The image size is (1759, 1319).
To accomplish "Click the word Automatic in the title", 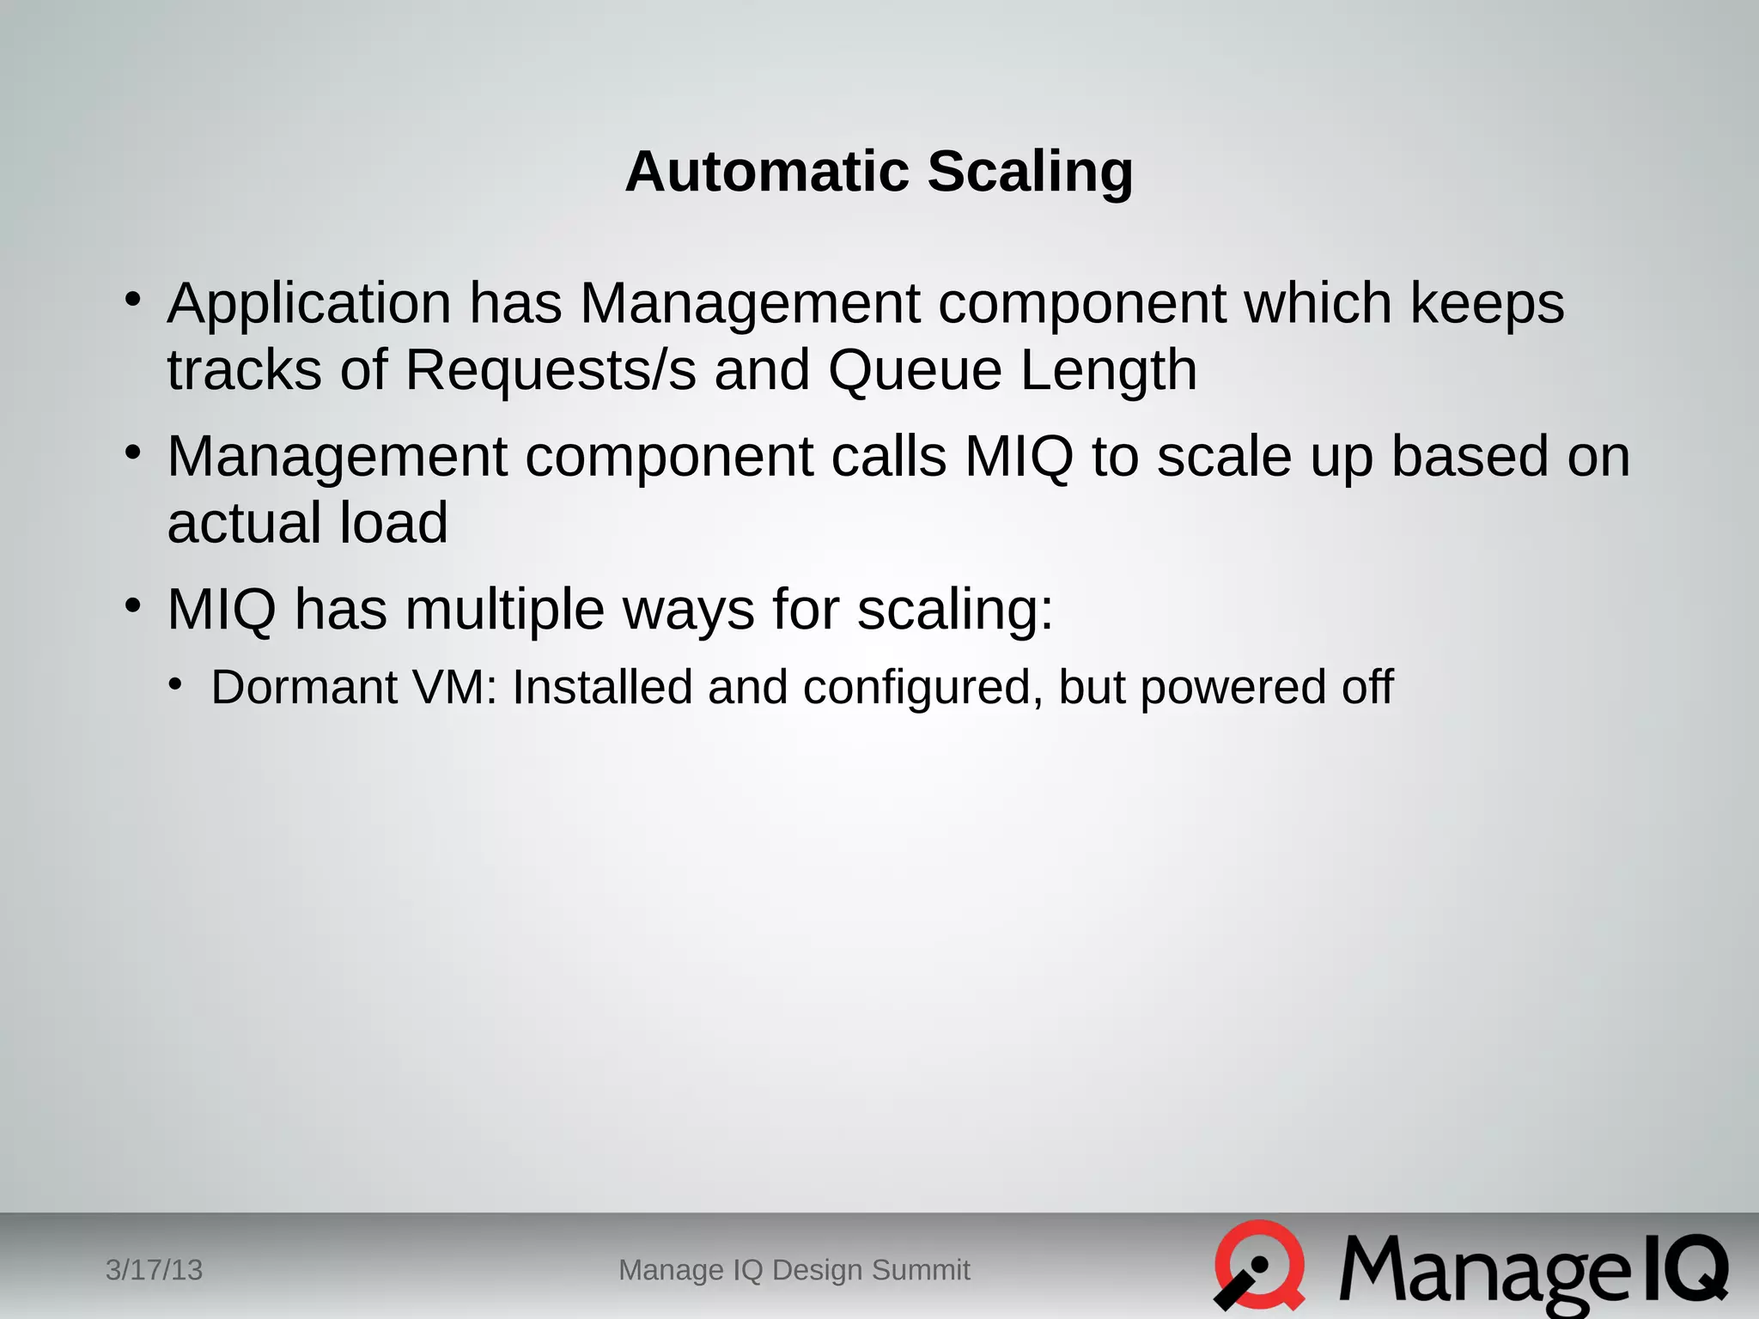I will coord(766,171).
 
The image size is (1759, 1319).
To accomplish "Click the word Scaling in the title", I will coord(1030,171).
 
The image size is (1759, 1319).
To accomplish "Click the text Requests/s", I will coord(550,370).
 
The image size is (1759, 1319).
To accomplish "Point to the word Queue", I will coord(915,370).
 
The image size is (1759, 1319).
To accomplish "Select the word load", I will coord(393,523).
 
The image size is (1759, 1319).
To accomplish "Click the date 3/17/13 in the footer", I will coord(154,1269).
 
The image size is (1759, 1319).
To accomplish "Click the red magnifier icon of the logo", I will coord(1259,1265).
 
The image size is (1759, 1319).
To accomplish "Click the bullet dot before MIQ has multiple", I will coord(132,605).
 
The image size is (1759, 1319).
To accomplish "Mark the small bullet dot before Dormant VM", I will coord(176,684).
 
